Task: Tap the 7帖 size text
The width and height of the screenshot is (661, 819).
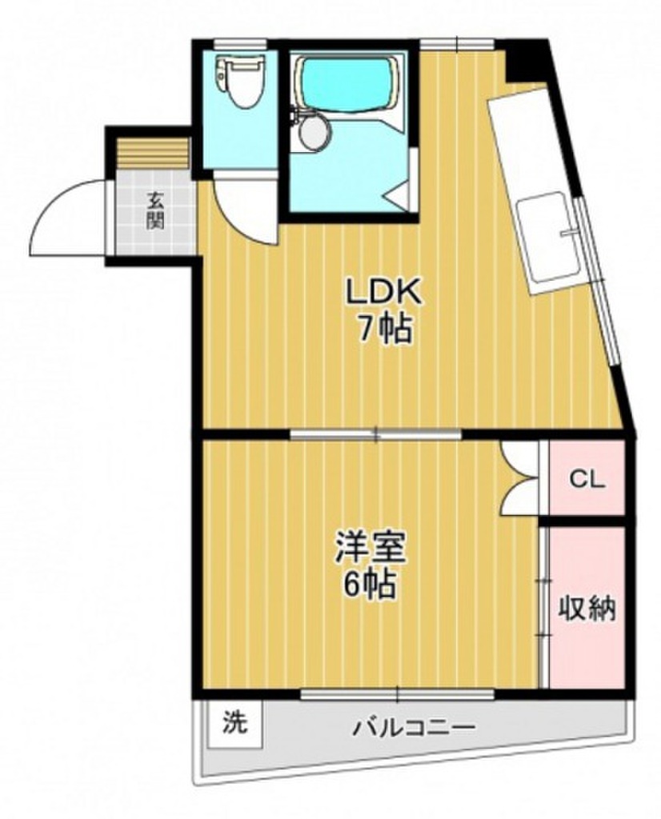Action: tap(384, 327)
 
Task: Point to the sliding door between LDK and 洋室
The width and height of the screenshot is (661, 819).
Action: tap(376, 434)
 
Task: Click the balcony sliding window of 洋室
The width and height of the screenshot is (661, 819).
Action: tap(398, 693)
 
